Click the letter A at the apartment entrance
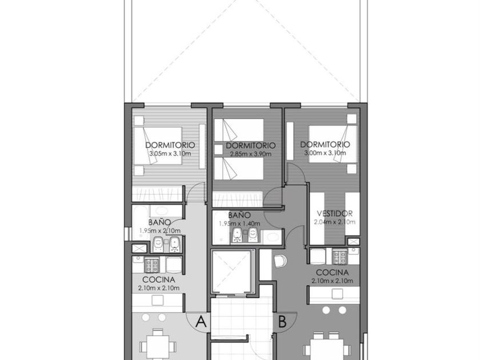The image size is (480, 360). [x=201, y=322]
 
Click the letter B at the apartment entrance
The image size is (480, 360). [x=282, y=322]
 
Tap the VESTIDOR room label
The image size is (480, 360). [x=335, y=213]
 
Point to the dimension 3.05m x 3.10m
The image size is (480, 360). [x=170, y=153]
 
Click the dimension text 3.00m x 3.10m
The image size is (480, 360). [x=325, y=153]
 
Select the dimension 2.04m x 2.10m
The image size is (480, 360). [x=335, y=222]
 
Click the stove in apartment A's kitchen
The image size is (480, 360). [x=152, y=265]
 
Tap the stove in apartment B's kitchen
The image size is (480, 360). [x=340, y=257]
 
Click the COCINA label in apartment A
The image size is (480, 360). [x=159, y=279]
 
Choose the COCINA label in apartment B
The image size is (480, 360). [x=332, y=273]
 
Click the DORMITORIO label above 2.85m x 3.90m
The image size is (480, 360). [x=251, y=145]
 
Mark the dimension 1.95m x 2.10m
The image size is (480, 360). [x=160, y=230]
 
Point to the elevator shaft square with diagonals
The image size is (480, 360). [x=233, y=271]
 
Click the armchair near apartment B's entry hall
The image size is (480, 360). [x=281, y=261]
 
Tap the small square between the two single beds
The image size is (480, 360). [x=218, y=149]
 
